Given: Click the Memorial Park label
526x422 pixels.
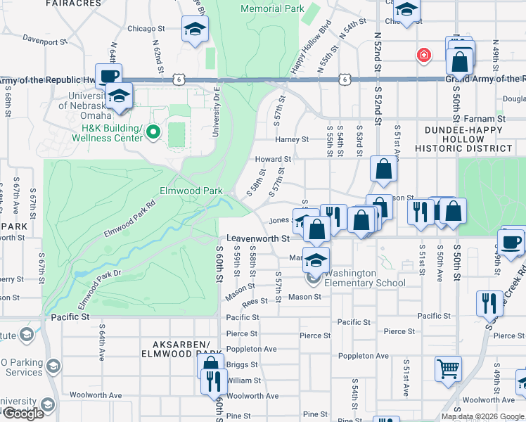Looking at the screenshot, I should pos(272,9).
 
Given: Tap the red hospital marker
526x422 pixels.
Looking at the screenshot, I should pos(423,55).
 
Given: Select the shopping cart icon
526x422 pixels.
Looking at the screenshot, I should pos(448,367).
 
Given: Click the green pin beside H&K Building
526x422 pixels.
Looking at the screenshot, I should pos(154,132).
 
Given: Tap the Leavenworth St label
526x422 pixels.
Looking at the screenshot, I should pos(258,239).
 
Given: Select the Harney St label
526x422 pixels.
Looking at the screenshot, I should pos(291,139).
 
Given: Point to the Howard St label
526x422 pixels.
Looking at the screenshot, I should pos(273,160).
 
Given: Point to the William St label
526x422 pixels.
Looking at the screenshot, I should pos(243,381).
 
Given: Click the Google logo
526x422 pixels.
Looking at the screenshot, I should pos(23,414).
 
